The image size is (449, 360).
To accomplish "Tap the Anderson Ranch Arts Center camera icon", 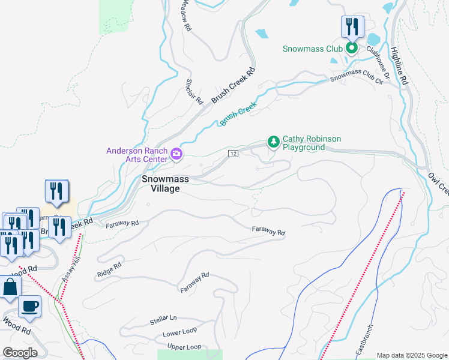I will coord(176,154).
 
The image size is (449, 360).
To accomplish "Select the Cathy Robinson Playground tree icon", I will coord(274,142).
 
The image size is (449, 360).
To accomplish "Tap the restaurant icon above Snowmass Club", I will coord(352,26).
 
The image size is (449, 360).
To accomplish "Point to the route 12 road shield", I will coord(234,154).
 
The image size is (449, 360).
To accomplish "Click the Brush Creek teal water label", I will coord(238,113).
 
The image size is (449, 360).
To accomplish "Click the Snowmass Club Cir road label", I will coord(357,78).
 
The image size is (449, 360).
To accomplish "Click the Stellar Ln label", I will coord(163,320).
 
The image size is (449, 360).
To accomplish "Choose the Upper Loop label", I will coord(184,347).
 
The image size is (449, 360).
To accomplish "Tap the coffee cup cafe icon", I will coord(29,307).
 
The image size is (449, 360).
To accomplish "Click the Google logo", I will coord(20,353).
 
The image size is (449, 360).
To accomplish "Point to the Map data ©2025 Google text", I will coord(411,355).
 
